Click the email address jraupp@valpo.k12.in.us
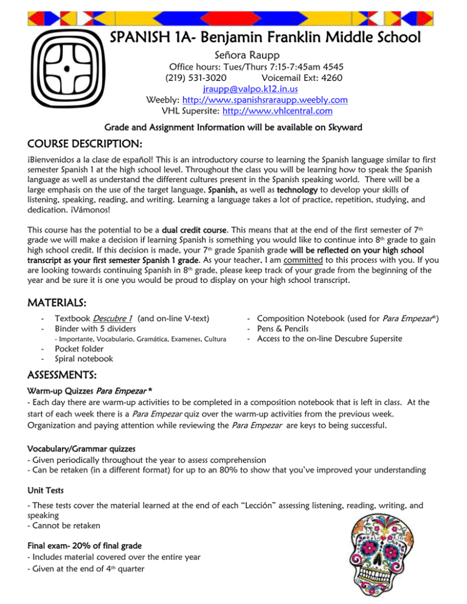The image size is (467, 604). pos(247,88)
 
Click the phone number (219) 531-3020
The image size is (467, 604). pos(196,77)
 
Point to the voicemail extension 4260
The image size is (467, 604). pos(330,77)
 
